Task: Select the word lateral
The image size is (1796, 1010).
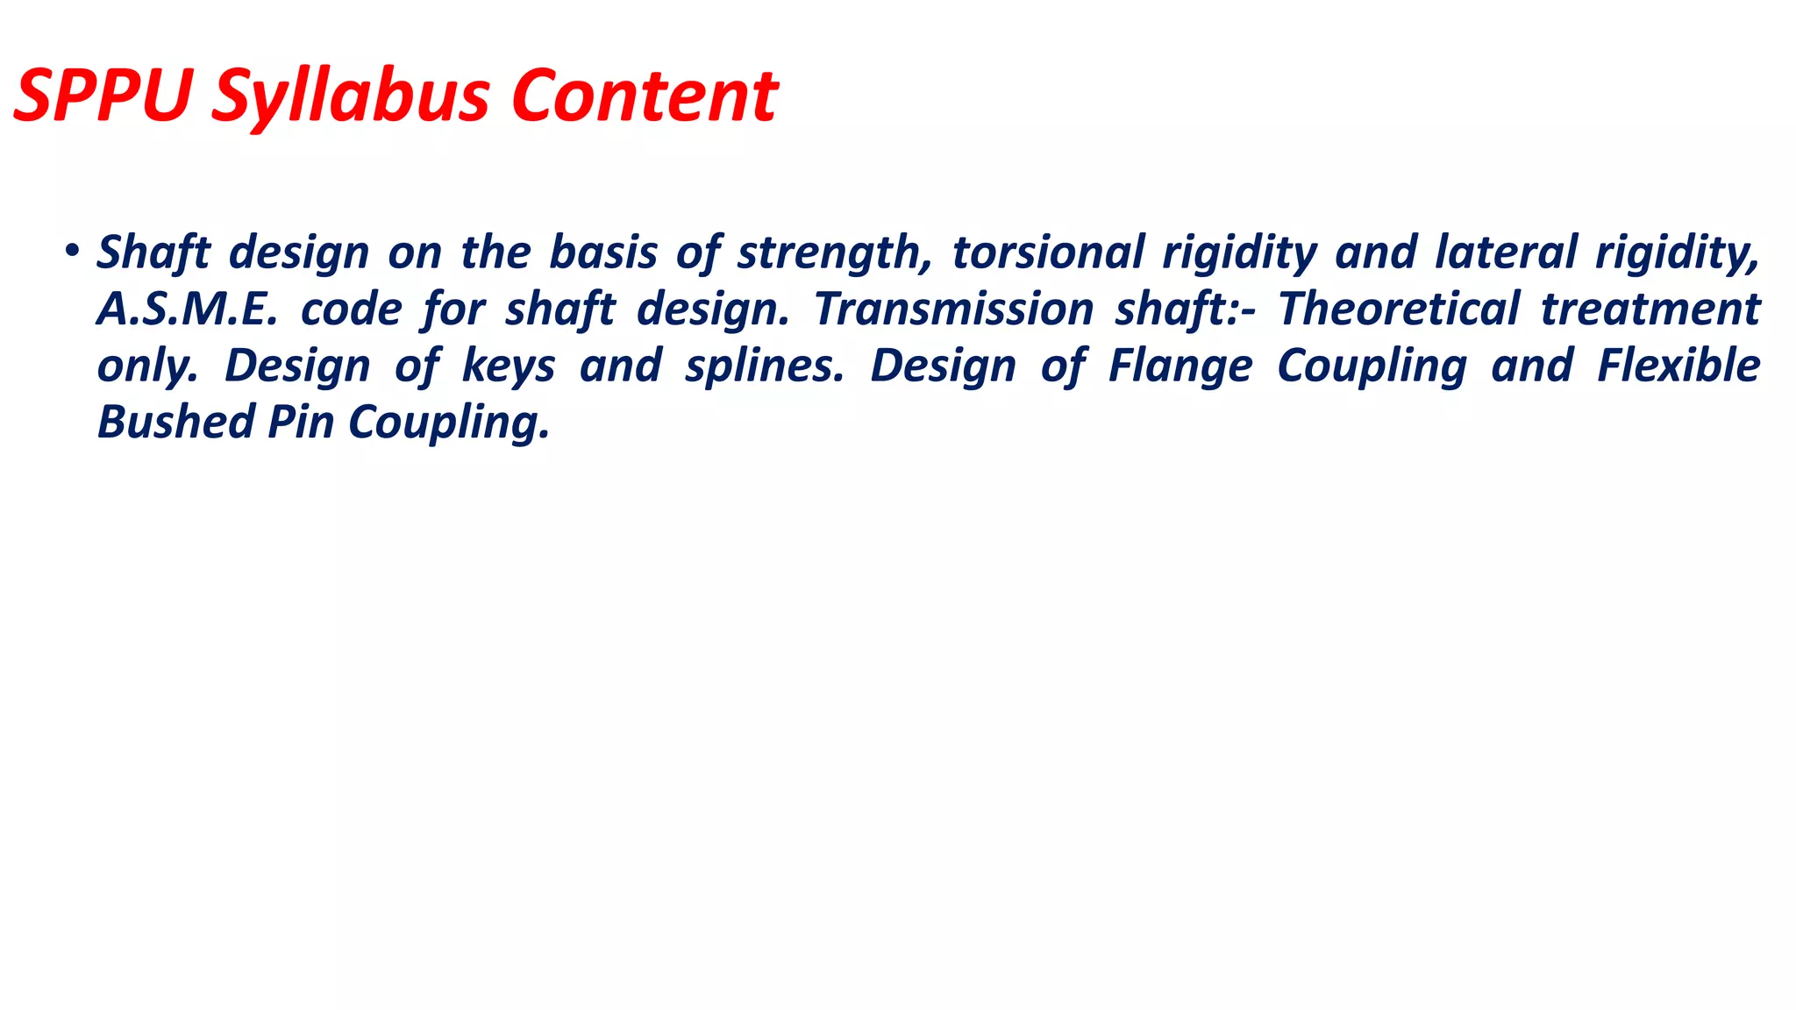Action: (x=1505, y=252)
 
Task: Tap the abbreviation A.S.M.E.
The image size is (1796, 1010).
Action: (x=187, y=309)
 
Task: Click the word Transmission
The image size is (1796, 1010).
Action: (x=953, y=309)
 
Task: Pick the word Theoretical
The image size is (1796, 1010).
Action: (x=1398, y=309)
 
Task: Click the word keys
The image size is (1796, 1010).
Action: (x=509, y=366)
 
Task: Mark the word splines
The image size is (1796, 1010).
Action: (x=764, y=366)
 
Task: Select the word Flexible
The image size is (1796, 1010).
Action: (x=1678, y=366)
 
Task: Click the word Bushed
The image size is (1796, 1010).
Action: (x=175, y=422)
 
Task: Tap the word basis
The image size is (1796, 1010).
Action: (x=602, y=252)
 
